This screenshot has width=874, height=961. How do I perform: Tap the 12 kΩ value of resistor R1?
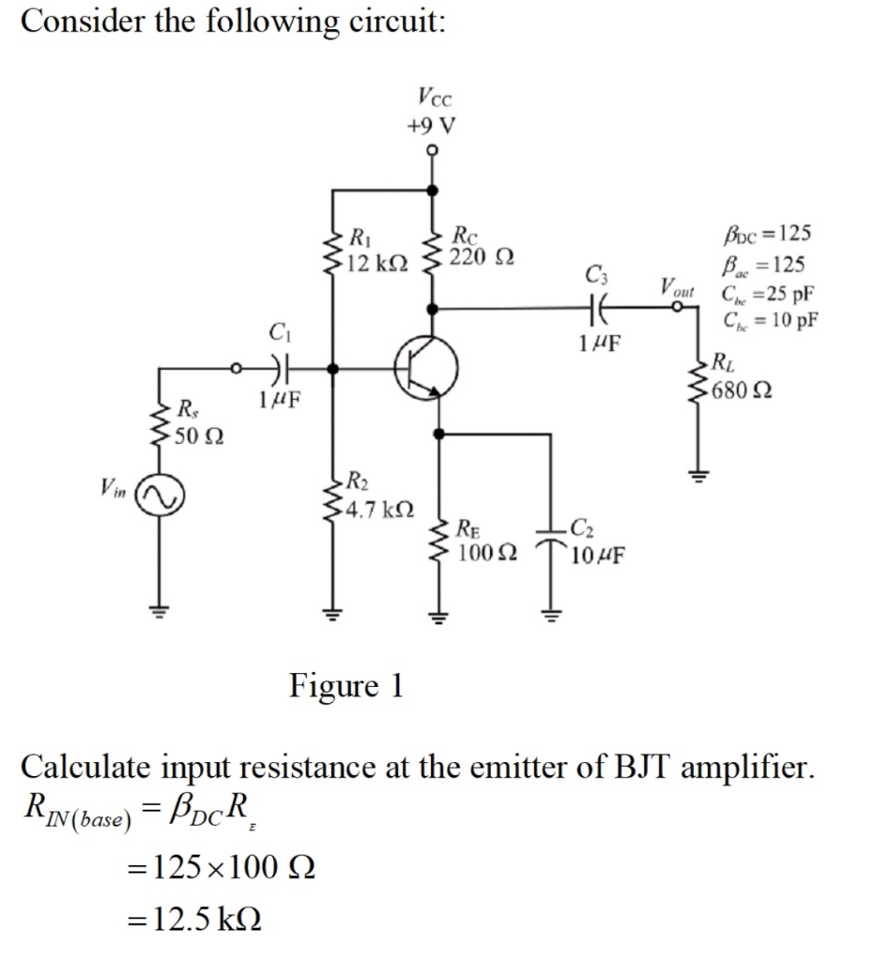(x=376, y=266)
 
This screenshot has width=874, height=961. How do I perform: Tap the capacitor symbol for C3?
(x=596, y=306)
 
